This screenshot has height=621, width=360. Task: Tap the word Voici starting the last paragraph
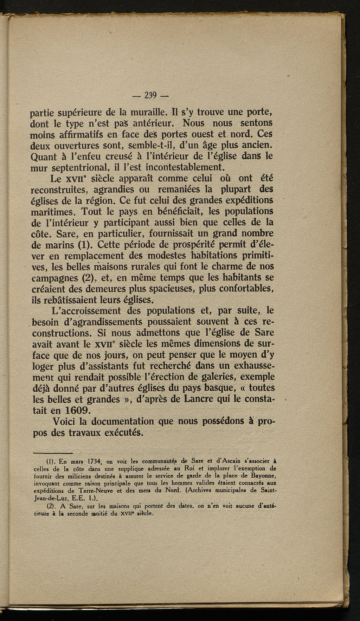[65, 421]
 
